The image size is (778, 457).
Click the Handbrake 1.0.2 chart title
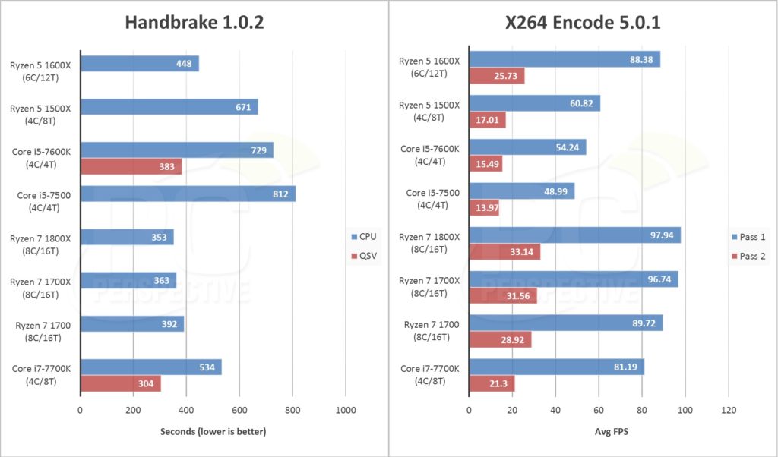pos(194,24)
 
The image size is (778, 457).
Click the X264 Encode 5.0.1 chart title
pos(583,24)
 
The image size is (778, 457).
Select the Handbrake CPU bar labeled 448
pos(139,64)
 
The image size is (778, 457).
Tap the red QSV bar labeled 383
pos(131,167)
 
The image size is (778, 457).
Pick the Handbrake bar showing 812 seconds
pos(188,194)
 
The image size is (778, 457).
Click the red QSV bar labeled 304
pos(120,384)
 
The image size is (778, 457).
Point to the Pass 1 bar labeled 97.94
pos(574,235)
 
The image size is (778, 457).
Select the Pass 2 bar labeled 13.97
pos(484,208)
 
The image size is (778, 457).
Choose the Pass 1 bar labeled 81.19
pos(556,367)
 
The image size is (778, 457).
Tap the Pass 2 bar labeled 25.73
pos(497,76)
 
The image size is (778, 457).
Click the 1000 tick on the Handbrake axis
pos(346,411)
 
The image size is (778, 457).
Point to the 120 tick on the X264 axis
pos(729,411)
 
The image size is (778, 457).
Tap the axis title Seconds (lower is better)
pos(213,432)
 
